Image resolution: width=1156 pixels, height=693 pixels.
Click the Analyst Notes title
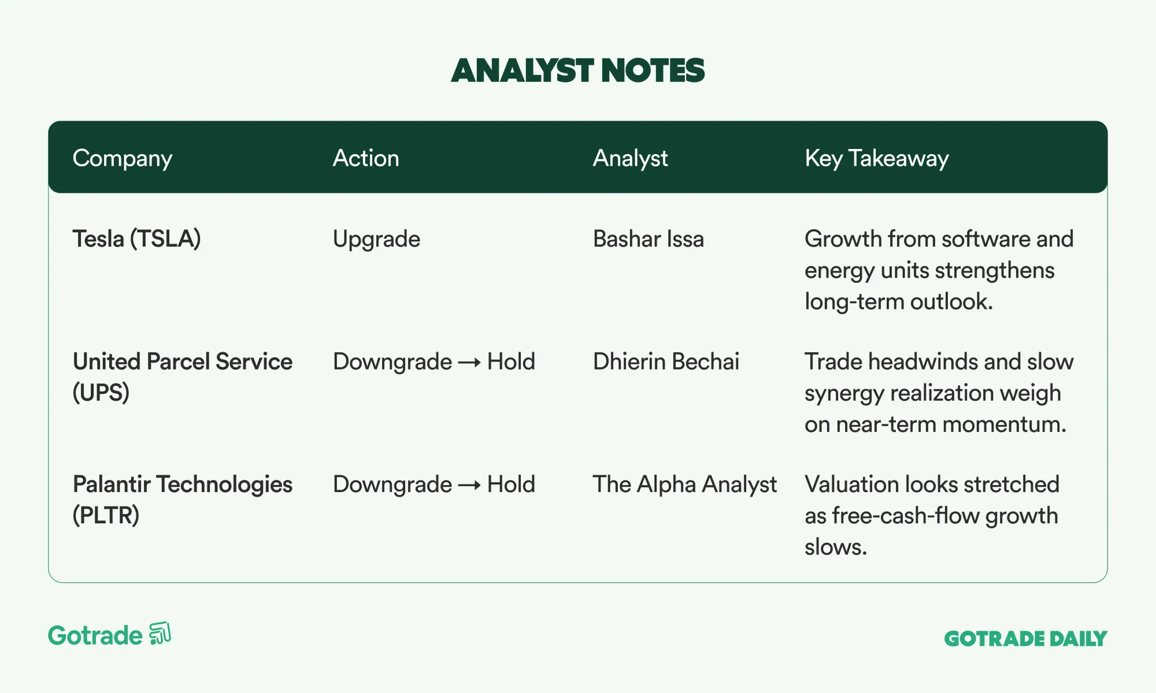578,70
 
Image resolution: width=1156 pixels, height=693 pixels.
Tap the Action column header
366,158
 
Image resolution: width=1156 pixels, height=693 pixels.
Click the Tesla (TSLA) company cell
136,239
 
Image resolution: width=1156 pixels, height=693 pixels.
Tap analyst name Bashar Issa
649,239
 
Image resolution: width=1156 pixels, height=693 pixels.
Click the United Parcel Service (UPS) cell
183,377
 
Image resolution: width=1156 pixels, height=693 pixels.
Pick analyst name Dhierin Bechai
666,362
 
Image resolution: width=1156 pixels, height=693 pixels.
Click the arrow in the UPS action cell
469,363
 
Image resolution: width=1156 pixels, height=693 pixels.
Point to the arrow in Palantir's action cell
469,486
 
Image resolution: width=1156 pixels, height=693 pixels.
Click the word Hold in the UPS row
511,362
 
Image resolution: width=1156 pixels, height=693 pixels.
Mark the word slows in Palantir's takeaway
836,547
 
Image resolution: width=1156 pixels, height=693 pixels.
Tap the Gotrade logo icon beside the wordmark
160,634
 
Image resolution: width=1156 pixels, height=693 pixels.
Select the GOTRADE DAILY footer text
1026,639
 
